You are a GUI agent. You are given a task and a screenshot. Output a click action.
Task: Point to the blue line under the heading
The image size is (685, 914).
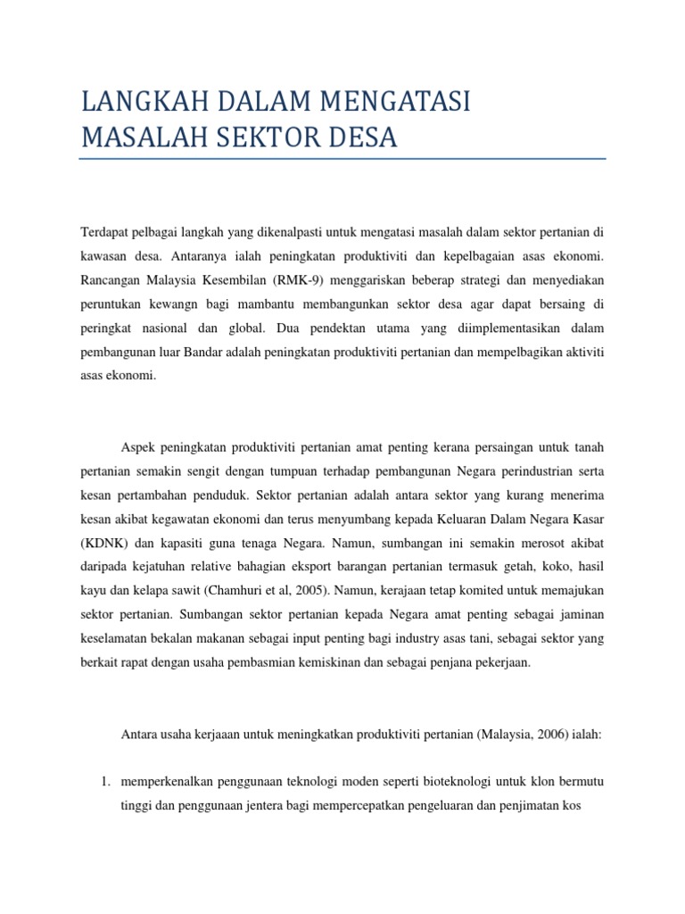pos(342,159)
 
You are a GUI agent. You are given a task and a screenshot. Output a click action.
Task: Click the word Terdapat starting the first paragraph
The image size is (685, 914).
pos(103,231)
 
